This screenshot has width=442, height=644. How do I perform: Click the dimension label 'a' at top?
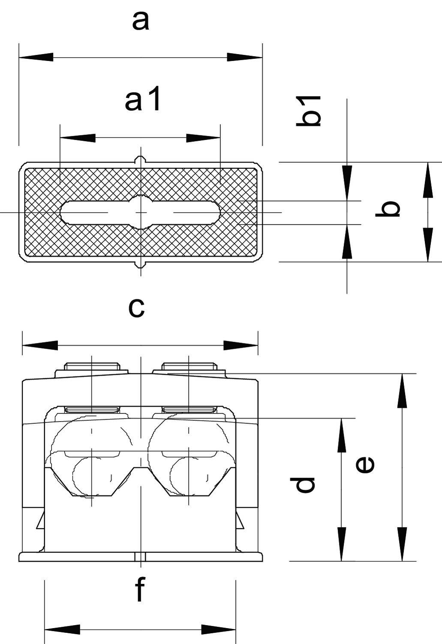point(141,21)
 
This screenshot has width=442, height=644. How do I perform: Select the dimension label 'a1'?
point(143,100)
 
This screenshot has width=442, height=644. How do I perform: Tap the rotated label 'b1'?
point(309,111)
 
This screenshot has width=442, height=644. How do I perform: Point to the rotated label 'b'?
point(388,209)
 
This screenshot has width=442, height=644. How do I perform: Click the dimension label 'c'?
point(136,307)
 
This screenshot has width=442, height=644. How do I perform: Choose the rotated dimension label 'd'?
point(305,484)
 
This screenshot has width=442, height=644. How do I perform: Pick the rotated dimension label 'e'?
point(365,465)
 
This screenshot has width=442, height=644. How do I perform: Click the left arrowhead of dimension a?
point(36,57)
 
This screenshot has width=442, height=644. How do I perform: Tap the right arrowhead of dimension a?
point(244,57)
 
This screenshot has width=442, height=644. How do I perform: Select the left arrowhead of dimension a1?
point(78,138)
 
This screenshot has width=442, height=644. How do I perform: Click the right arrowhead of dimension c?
point(241,345)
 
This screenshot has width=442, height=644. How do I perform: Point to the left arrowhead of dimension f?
point(62,630)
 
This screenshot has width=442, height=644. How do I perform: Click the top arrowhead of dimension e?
point(402,391)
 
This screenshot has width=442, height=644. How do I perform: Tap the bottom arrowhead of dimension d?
point(341,544)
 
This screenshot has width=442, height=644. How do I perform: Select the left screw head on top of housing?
point(92,367)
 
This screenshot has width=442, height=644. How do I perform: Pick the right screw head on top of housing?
point(189,367)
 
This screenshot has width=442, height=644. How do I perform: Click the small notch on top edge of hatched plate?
point(141,160)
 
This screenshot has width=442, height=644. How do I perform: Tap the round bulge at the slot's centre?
point(141,212)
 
